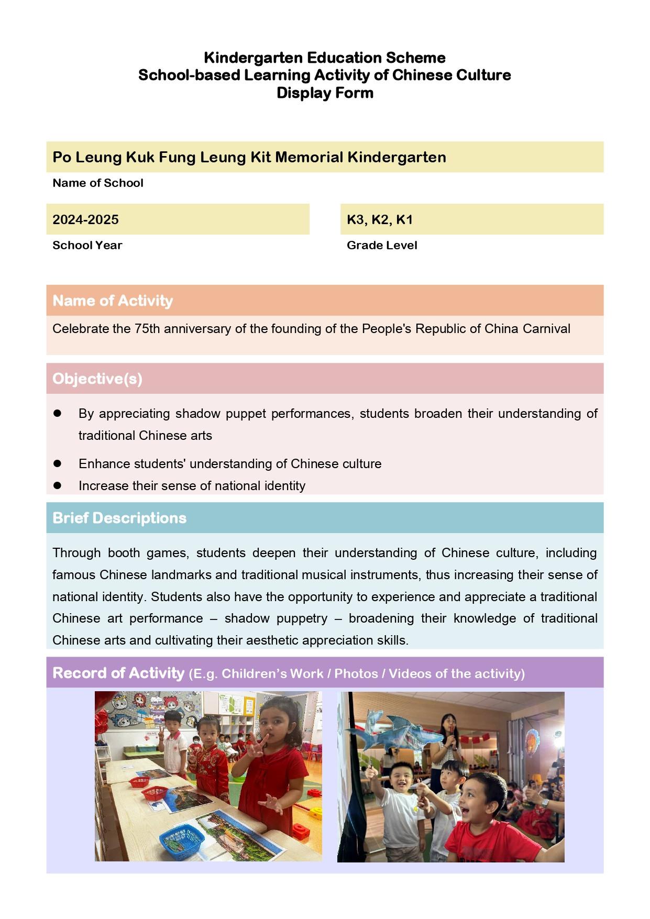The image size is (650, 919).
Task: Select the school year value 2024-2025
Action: pyautogui.click(x=85, y=219)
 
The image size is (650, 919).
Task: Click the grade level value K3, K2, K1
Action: pyautogui.click(x=380, y=219)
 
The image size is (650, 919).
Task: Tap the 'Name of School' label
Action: pyautogui.click(x=98, y=183)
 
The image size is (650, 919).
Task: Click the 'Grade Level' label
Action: pyautogui.click(x=382, y=245)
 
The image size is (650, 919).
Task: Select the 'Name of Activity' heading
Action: pyautogui.click(x=113, y=301)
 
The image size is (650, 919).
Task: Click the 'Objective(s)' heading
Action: pyautogui.click(x=97, y=379)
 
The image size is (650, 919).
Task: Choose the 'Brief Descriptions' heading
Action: pyautogui.click(x=119, y=518)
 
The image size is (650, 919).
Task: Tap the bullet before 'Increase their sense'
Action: pyautogui.click(x=58, y=485)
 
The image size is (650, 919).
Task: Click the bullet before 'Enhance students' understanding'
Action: pyautogui.click(x=58, y=463)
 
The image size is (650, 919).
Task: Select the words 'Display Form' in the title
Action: pyautogui.click(x=325, y=93)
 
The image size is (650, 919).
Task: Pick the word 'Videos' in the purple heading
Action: pyautogui.click(x=411, y=673)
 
